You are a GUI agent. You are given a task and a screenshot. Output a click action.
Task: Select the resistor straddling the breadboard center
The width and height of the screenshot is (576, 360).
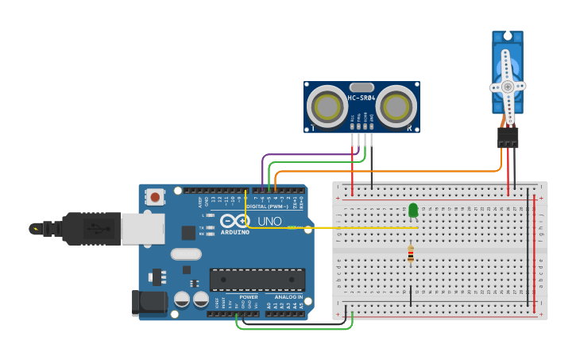[411, 254]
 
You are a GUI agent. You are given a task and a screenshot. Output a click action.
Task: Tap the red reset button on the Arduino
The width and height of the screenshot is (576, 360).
[156, 195]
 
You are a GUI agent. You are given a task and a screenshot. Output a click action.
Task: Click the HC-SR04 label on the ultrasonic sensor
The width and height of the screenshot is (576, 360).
[361, 99]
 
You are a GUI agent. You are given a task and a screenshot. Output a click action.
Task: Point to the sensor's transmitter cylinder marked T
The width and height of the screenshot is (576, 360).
[326, 106]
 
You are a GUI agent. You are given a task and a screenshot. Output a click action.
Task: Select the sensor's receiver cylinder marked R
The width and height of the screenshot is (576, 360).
[396, 105]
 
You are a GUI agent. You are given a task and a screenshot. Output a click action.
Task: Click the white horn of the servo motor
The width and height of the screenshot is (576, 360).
[508, 86]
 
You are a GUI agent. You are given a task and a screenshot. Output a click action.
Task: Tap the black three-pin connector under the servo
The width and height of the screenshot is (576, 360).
[508, 137]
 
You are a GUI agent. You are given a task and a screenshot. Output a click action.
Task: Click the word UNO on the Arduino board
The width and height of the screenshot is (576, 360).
[269, 221]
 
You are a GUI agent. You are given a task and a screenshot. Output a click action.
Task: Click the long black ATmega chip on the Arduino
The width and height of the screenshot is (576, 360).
[257, 280]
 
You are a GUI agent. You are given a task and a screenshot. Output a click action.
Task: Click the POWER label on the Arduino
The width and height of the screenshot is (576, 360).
[249, 296]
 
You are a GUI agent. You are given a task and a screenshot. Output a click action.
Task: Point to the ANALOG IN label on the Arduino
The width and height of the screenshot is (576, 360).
[288, 296]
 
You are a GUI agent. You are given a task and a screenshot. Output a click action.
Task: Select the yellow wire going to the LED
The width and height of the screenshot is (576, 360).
[334, 228]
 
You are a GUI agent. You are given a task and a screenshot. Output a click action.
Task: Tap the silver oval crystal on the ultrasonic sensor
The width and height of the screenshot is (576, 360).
[361, 87]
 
